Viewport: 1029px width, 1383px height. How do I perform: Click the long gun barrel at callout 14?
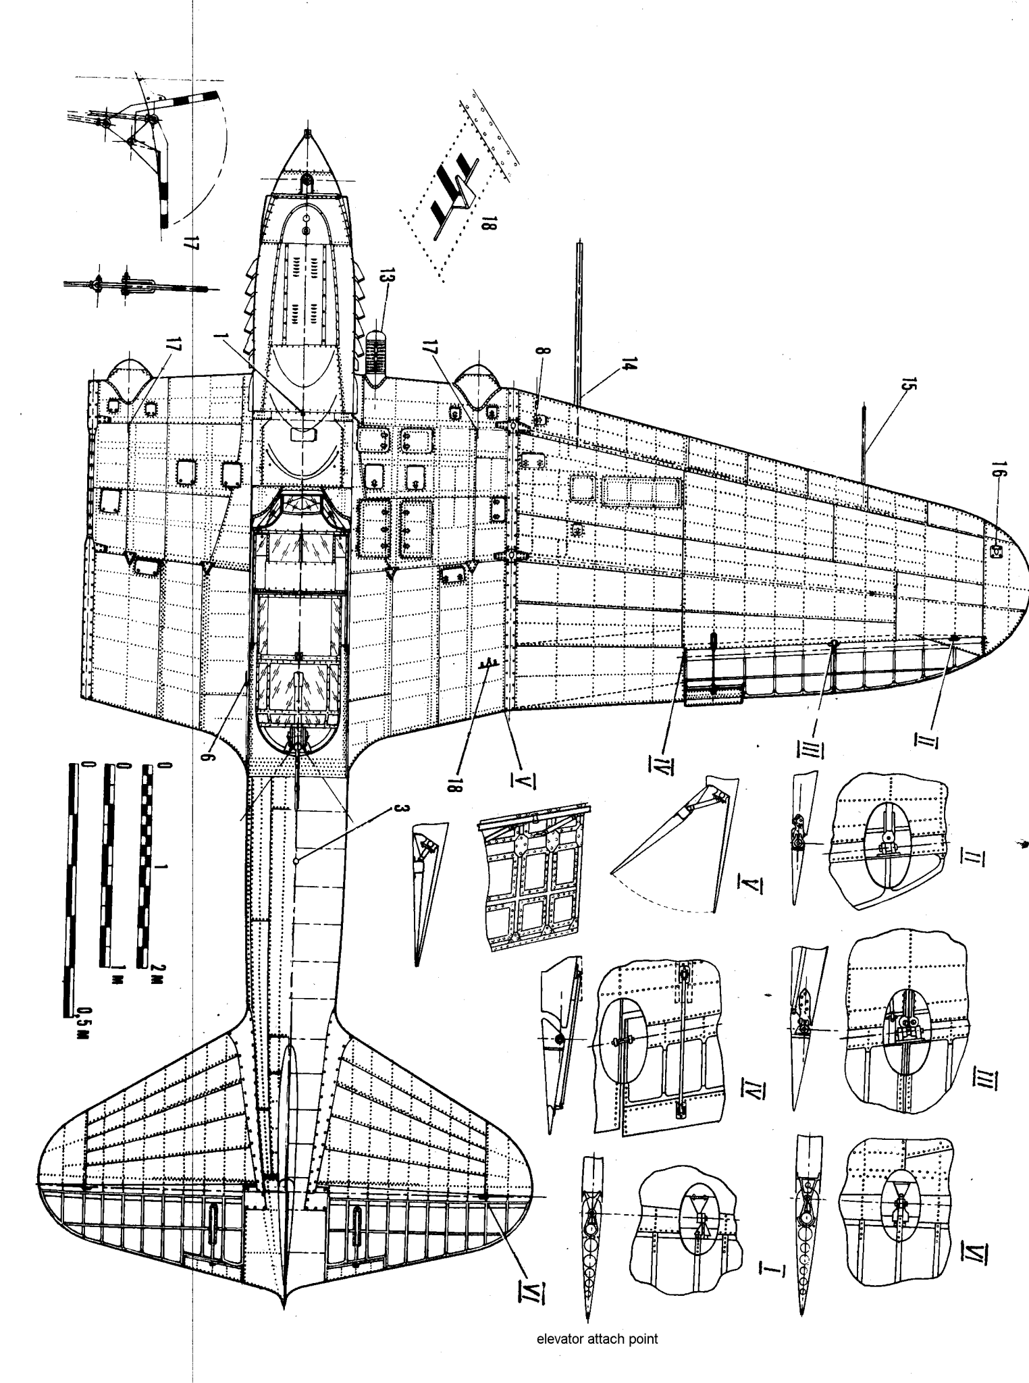[x=578, y=317]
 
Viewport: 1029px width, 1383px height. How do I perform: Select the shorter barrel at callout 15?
[x=864, y=439]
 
